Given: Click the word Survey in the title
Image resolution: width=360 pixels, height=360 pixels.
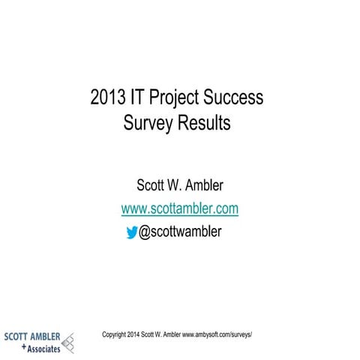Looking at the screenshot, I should click(x=146, y=123).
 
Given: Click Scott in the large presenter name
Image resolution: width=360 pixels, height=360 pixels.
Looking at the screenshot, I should click(x=154, y=185).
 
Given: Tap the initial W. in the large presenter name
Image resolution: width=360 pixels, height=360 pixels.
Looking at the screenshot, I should click(x=186, y=185).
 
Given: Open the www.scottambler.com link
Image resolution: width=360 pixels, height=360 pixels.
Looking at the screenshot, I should click(x=180, y=208).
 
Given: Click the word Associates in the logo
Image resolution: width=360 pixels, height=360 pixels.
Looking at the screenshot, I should click(x=43, y=348).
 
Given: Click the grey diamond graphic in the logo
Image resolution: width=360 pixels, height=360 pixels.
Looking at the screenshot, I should click(x=69, y=342).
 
